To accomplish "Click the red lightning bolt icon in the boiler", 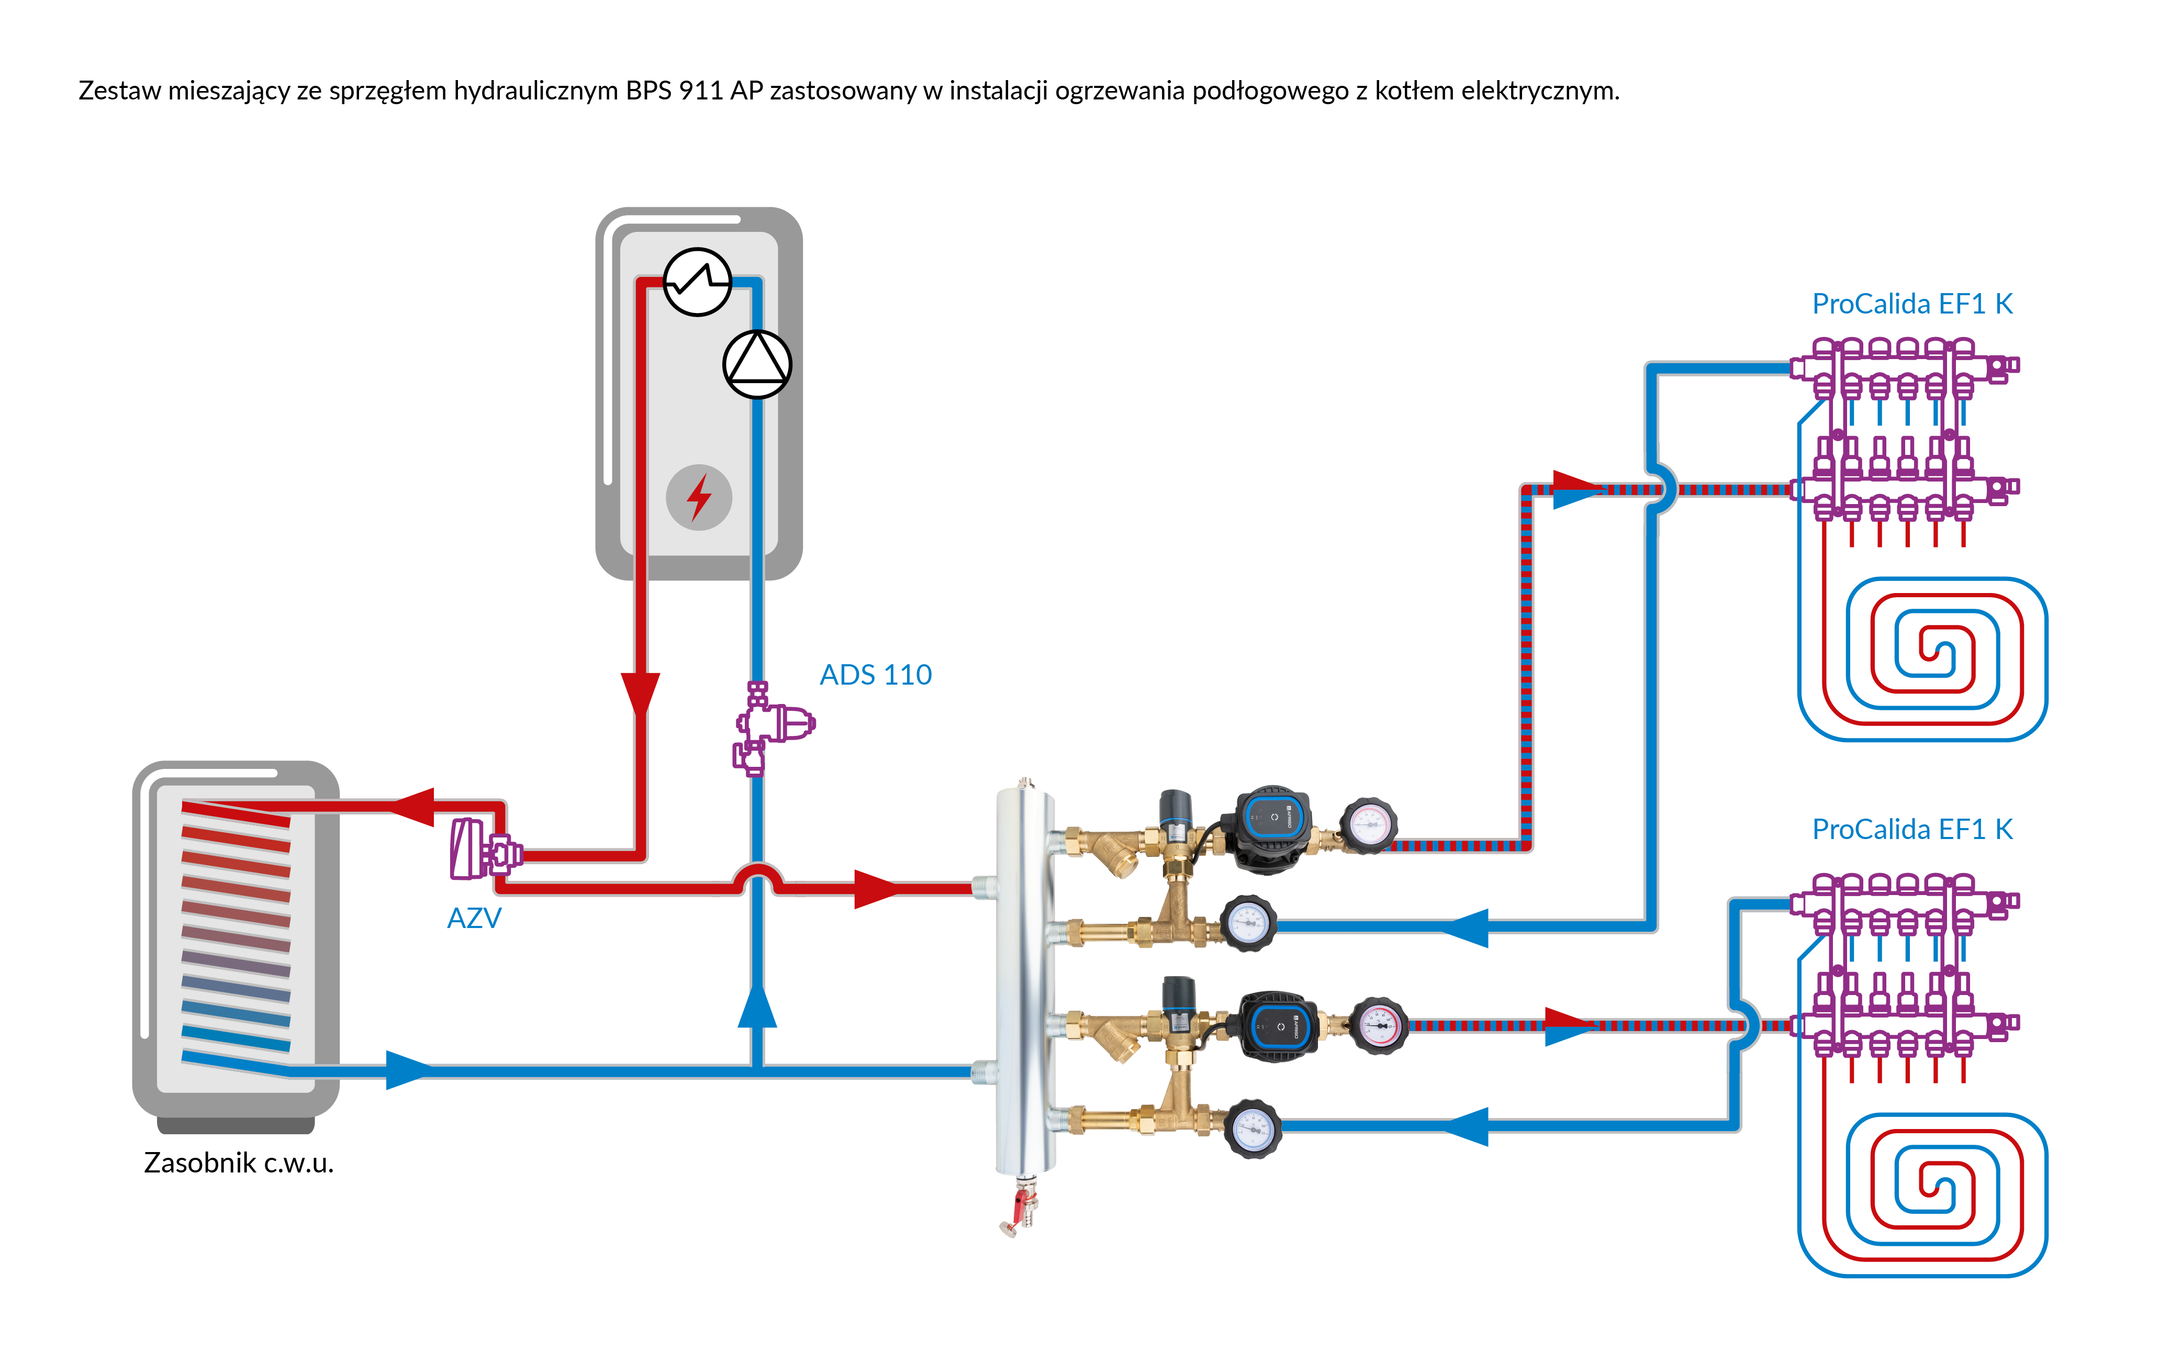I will [x=698, y=497].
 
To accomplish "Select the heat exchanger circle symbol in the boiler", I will [x=697, y=282].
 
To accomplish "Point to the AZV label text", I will [x=474, y=918].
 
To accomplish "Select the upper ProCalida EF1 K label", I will [x=1912, y=304].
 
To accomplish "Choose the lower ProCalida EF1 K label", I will [x=1912, y=829].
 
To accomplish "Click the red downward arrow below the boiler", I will [x=640, y=693].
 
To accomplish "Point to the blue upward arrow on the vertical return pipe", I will [x=756, y=1006].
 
